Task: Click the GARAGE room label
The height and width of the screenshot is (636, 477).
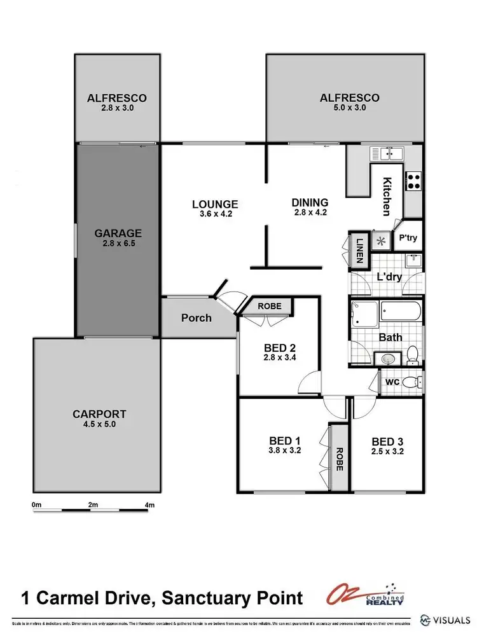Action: [x=118, y=233]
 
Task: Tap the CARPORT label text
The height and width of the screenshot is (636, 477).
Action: [x=99, y=413]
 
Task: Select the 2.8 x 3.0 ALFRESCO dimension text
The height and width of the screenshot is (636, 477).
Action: [x=117, y=108]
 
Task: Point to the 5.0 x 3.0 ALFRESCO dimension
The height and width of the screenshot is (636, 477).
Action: [x=349, y=108]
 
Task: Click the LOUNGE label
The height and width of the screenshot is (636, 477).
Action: [x=215, y=204]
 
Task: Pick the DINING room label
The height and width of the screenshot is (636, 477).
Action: [x=310, y=203]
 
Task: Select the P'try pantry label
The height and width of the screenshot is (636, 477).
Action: [x=407, y=238]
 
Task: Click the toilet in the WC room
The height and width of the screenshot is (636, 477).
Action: [x=414, y=383]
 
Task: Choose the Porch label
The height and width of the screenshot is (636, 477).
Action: [x=196, y=317]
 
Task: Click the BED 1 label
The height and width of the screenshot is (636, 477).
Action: [x=284, y=441]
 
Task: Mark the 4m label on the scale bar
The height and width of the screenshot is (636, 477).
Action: [x=150, y=505]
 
